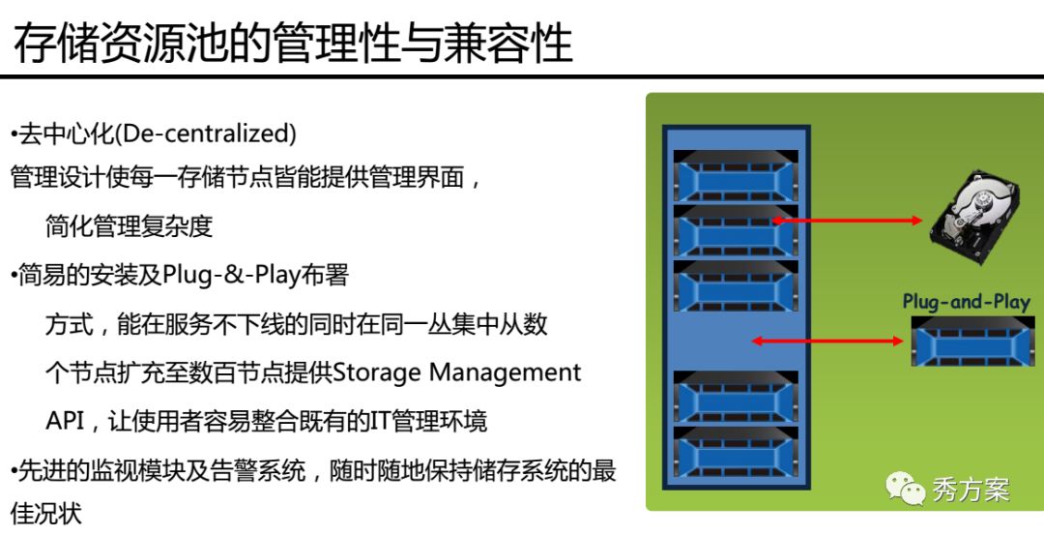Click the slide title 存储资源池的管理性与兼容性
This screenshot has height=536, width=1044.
293,42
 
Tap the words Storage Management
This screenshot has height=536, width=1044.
456,372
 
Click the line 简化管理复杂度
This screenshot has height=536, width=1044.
130,226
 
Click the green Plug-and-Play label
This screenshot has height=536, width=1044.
966,301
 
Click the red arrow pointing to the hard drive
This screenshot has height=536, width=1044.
847,220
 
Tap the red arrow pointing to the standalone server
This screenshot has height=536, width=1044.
826,342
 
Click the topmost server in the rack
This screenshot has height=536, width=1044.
736,175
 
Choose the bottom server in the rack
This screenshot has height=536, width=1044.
736,452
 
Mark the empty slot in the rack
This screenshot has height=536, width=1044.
736,342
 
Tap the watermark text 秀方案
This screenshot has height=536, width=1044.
971,490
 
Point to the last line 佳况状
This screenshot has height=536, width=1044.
46,514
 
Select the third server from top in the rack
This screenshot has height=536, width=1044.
736,286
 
